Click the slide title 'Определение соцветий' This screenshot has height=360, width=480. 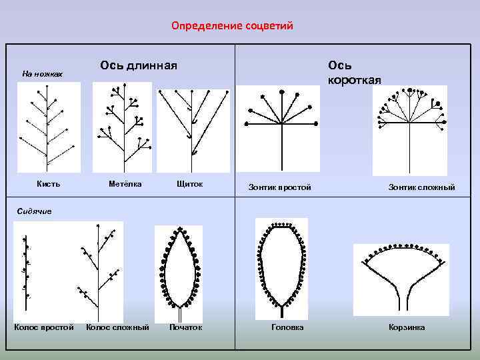[x=232, y=26]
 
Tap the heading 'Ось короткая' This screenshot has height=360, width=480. [x=354, y=73]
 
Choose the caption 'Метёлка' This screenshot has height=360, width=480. [x=125, y=184]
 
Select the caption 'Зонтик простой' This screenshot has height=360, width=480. [x=279, y=187]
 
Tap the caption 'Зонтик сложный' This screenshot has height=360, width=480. [x=421, y=187]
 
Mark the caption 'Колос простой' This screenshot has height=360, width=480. [x=44, y=327]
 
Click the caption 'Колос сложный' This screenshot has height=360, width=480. [x=117, y=327]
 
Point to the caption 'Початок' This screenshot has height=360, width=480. [x=185, y=327]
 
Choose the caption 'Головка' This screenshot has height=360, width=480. [x=287, y=327]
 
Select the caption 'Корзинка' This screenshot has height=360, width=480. [x=407, y=327]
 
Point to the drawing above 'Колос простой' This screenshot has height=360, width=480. [x=27, y=271]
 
